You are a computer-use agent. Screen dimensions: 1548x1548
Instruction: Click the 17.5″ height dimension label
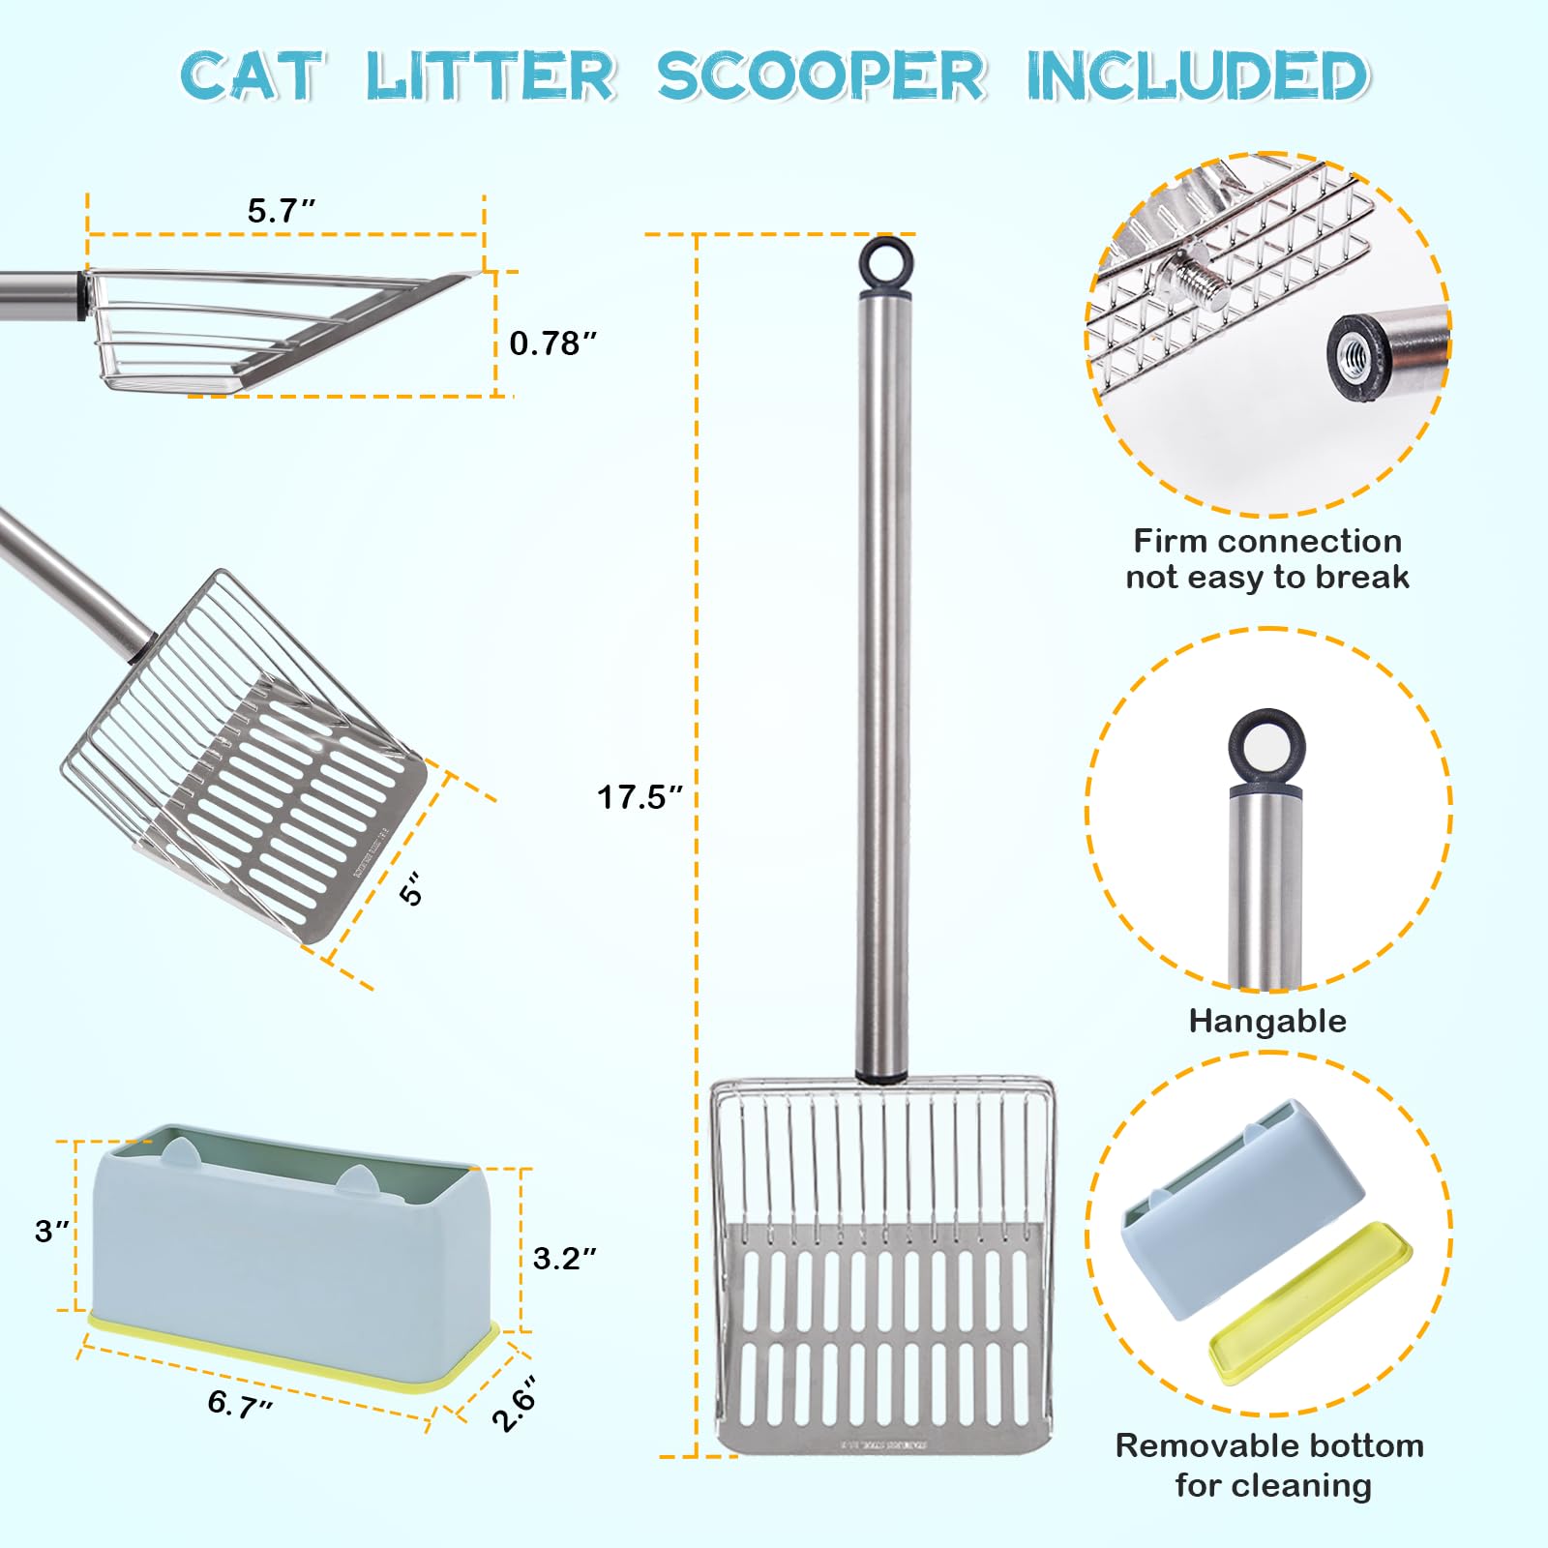coord(640,797)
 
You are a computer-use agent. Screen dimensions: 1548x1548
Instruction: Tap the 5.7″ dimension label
coord(282,210)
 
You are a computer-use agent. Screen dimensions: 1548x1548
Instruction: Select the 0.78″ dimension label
coord(552,342)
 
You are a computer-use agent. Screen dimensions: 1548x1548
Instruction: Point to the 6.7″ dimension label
coord(240,1403)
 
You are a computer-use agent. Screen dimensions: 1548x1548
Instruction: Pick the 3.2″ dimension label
coord(564,1258)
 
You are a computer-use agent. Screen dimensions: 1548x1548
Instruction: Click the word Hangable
coord(1267,1021)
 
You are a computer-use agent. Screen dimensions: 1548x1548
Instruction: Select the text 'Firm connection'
coord(1267,540)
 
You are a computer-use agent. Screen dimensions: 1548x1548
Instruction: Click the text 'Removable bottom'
coord(1269,1445)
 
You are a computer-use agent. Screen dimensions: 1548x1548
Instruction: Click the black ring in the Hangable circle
coord(1265,748)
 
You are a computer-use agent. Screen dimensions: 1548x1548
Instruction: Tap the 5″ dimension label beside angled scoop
coord(411,889)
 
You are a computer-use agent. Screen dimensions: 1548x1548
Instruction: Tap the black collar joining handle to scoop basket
coord(881,1074)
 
